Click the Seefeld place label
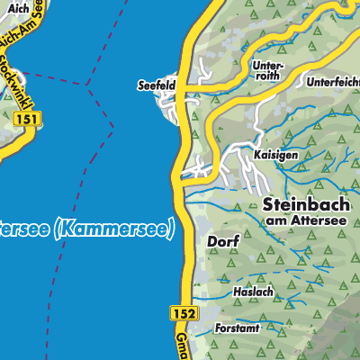(155, 85)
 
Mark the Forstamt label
(237, 329)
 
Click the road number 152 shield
(181, 310)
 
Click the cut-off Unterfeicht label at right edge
(333, 82)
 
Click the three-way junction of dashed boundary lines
(87, 85)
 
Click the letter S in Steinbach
(269, 204)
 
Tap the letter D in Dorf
(211, 242)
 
